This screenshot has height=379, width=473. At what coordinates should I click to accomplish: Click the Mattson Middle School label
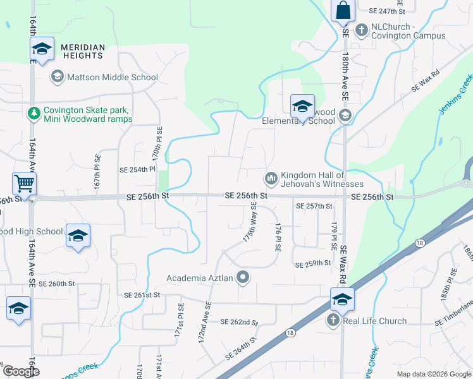click(113, 77)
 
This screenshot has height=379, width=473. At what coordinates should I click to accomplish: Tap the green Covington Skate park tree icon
click(33, 114)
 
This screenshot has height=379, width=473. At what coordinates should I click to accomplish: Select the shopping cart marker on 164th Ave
click(24, 184)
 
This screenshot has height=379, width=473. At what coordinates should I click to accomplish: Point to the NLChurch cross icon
click(362, 29)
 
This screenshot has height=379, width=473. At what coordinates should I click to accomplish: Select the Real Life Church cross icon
click(333, 321)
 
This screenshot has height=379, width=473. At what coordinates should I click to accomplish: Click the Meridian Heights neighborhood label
click(82, 51)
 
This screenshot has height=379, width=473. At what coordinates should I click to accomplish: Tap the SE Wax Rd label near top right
click(425, 83)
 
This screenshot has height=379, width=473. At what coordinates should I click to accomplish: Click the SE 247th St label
click(386, 11)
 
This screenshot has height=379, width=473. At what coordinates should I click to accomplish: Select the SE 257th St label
click(314, 207)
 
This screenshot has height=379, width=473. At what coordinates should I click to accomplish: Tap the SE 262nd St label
click(240, 322)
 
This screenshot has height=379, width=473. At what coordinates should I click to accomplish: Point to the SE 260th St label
click(56, 284)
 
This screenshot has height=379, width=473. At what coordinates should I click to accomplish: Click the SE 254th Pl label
click(137, 169)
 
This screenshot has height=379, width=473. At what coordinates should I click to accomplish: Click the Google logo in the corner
click(20, 371)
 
